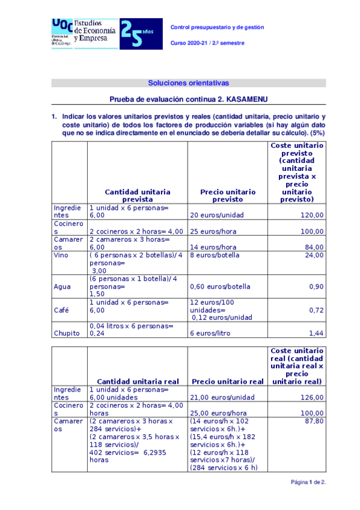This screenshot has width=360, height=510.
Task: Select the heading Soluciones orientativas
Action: [188, 83]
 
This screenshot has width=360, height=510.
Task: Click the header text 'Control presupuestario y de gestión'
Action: [217, 27]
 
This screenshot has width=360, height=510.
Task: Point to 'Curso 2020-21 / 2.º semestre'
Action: [209, 43]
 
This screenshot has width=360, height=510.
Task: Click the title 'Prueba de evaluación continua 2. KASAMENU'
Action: [188, 99]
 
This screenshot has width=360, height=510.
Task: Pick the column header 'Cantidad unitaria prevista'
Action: [138, 195]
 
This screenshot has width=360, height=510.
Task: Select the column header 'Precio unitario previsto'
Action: [227, 195]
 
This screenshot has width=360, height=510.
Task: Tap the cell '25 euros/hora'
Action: [210, 231]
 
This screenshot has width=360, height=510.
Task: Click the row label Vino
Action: [62, 255]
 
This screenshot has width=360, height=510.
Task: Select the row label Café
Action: [61, 310]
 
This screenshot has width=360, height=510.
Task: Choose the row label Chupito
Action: [67, 333]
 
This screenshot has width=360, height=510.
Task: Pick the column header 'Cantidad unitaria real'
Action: [138, 381]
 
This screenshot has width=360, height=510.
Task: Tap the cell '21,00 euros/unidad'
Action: [219, 397]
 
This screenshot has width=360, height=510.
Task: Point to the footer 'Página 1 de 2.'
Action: [308, 482]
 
